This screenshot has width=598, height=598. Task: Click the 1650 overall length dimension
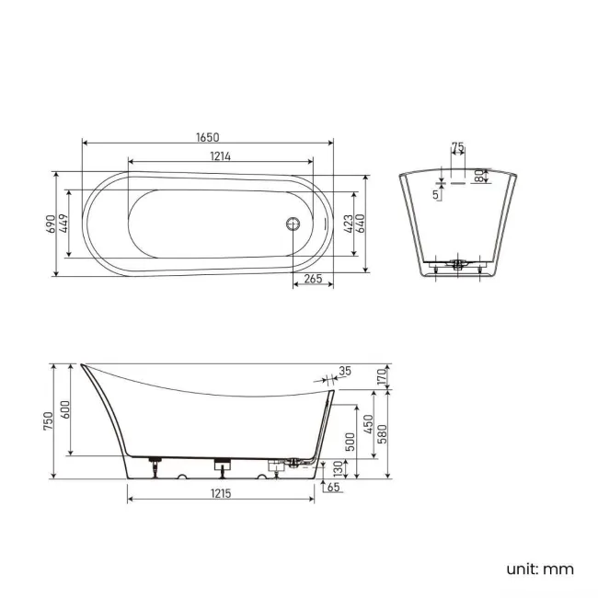[207, 137]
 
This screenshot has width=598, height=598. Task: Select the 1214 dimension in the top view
[218, 156]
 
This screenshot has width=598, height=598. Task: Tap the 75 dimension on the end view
[458, 147]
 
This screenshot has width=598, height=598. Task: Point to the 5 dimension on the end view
[436, 194]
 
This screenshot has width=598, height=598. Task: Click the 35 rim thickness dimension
[345, 372]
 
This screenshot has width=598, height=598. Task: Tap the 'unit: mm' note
[540, 569]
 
